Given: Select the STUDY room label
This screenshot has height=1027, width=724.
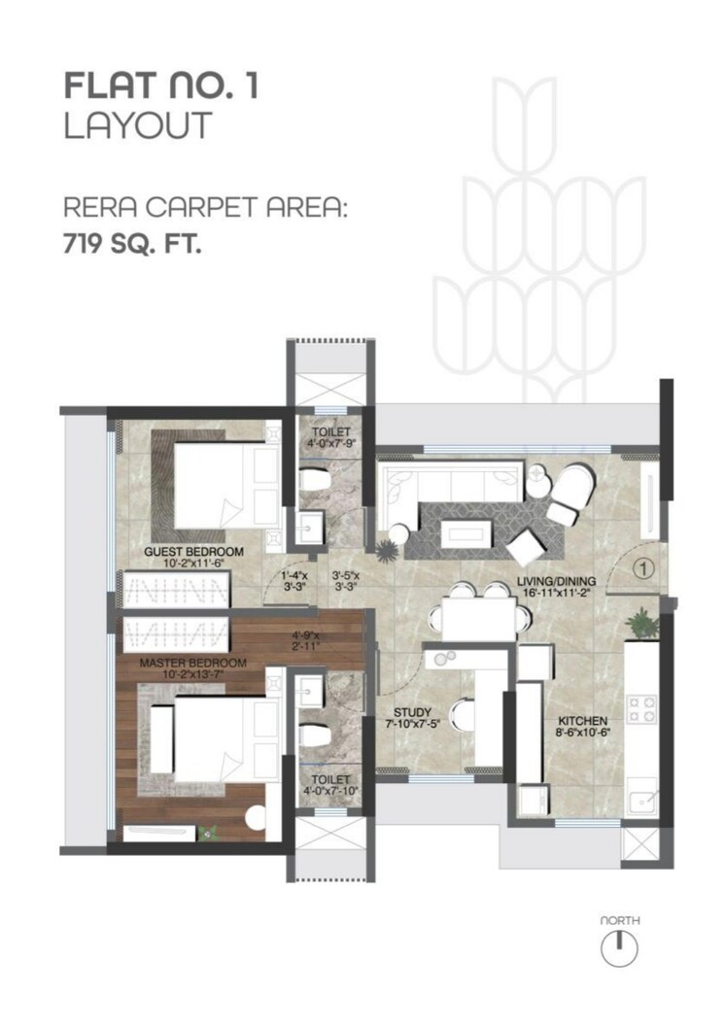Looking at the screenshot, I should (x=407, y=710).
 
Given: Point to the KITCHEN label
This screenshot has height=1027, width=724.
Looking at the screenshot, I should (x=582, y=720).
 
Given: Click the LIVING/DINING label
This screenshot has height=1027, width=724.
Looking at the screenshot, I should (x=557, y=585).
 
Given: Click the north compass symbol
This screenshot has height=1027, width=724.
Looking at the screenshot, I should (x=619, y=946).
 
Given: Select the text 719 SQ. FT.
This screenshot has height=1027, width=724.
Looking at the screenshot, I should (x=132, y=246).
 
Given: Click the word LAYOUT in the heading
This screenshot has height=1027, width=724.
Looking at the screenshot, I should (x=137, y=127).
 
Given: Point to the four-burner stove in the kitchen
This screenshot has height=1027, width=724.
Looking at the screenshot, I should (x=641, y=709).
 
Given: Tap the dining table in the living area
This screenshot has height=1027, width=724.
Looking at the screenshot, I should (x=478, y=617).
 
